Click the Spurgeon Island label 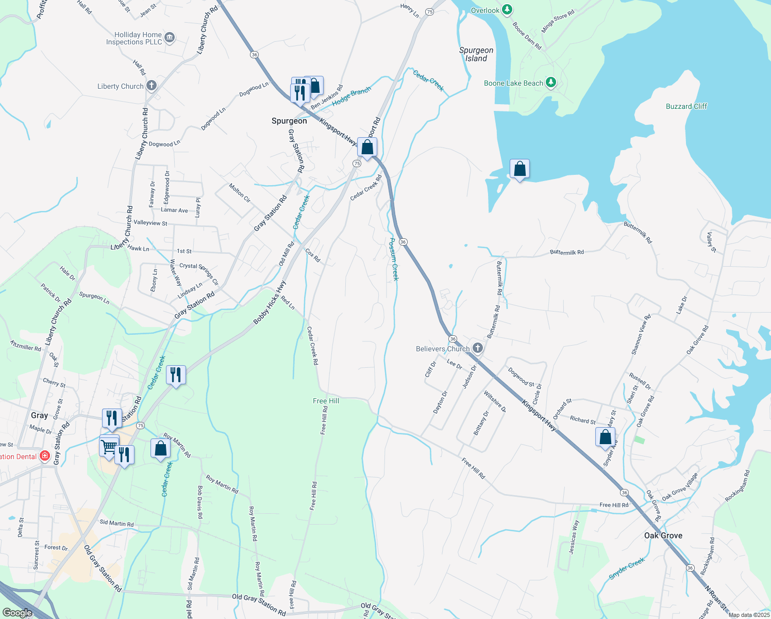pos(476,54)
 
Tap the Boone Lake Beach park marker pos(551,83)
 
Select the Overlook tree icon pos(507,10)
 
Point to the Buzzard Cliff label pos(686,106)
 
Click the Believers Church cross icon pos(478,348)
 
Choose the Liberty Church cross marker pos(151,86)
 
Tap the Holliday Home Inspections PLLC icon pos(169,38)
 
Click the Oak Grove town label pos(663,535)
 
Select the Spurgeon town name pos(289,121)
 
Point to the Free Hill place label pos(326,401)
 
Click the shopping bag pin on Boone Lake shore pos(519,169)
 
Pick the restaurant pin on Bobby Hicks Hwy pos(176,375)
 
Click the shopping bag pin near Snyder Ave pos(605,437)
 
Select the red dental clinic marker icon pos(45,456)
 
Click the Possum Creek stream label pos(394,259)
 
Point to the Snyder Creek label pos(627,568)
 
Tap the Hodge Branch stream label pos(351,96)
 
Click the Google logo pos(17,613)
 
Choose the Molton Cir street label pos(240,193)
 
